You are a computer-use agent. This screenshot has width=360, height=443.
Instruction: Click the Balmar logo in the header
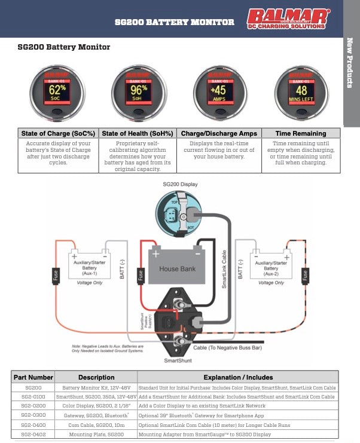click(x=289, y=19)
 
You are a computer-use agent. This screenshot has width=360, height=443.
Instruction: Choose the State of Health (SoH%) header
click(x=138, y=133)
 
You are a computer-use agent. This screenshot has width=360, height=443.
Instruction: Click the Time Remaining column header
click(x=300, y=133)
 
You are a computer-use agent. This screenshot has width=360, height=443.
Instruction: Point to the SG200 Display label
click(x=180, y=185)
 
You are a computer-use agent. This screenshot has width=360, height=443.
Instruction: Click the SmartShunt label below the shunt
click(x=177, y=361)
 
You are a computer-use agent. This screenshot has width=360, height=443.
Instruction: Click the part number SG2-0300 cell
click(x=33, y=414)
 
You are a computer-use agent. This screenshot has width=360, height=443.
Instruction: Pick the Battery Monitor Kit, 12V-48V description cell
click(x=96, y=387)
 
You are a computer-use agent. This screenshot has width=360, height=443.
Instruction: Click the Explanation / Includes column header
click(x=238, y=377)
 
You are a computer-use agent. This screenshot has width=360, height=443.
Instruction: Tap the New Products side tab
click(x=351, y=63)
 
